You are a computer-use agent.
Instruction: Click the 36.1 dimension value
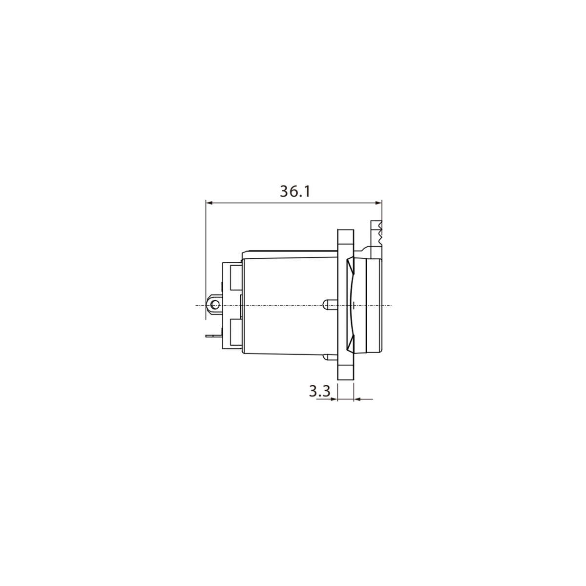(295, 191)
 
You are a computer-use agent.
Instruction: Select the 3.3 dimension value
(319, 391)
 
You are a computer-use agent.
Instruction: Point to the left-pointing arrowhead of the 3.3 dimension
(356, 399)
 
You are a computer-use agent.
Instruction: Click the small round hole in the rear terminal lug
(214, 305)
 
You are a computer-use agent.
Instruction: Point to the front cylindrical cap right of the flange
(370, 305)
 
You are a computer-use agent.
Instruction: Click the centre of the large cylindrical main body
(288, 305)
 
